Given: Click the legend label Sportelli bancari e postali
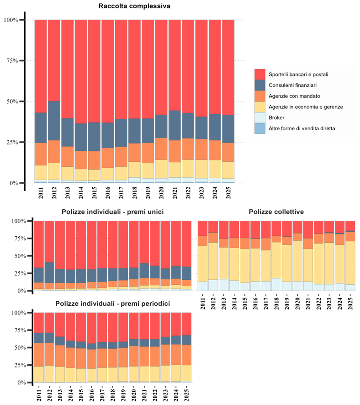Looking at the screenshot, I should point(298,75).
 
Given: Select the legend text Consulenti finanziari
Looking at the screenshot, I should point(293,85).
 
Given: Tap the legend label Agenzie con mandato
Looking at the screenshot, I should point(294,96).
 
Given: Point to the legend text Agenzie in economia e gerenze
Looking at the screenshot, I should point(306,107).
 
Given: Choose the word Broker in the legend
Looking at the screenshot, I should point(277,117).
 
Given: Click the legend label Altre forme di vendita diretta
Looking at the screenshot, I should point(302,128).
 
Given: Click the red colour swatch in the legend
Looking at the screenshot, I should point(260,75).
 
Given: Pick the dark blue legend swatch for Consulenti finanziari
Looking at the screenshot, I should point(260,85).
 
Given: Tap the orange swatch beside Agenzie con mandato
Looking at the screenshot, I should point(260,96).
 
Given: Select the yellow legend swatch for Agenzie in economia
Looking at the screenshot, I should point(260,107).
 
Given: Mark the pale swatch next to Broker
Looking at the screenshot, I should point(260,117).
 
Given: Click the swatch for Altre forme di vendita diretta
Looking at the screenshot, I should point(260,128).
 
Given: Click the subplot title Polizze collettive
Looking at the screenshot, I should point(276,212).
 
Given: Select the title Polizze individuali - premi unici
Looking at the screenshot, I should point(112,212).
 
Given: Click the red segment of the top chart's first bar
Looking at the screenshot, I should point(41,66).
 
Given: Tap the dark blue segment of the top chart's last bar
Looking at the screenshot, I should point(228,128).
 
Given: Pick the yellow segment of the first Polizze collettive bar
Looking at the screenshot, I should point(202,264).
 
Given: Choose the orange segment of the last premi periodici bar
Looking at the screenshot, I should point(186,355).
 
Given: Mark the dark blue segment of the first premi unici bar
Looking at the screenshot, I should point(39,275).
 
